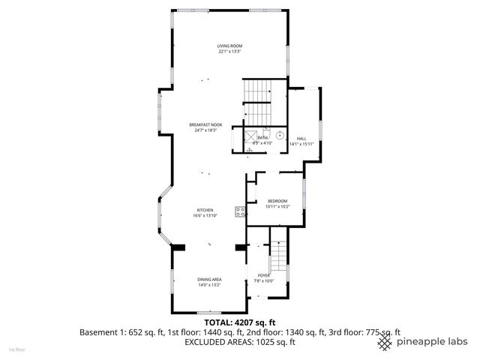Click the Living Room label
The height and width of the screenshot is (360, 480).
tap(230, 46)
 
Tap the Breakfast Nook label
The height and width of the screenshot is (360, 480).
tap(205, 124)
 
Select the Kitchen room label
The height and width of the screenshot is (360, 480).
tap(205, 210)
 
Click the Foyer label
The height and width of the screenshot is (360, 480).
tap(263, 275)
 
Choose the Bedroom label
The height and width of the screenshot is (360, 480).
tap(277, 201)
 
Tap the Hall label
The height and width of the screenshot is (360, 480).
tap(301, 139)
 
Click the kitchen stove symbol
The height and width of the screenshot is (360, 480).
tap(240, 211)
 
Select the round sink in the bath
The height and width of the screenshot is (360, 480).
tap(280, 135)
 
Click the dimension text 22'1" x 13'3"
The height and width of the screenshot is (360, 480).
tap(230, 52)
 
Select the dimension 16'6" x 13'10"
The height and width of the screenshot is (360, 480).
tap(205, 216)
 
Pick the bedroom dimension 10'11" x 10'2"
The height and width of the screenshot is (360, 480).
tap(277, 207)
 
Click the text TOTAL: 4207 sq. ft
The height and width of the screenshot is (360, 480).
tap(240, 321)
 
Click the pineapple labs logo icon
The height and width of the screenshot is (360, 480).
tap(385, 342)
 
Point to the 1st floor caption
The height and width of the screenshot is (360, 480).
tap(16, 349)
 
